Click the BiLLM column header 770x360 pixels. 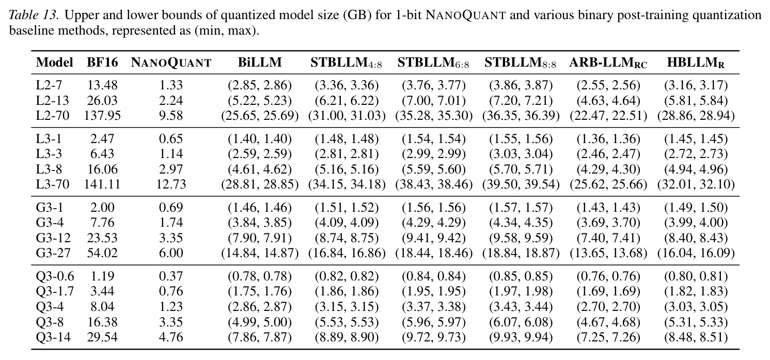click(260, 62)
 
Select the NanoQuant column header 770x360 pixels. click(171, 62)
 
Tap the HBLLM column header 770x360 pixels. click(696, 62)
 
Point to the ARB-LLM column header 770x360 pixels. click(608, 62)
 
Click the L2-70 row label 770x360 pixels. click(53, 116)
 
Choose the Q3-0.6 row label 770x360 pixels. click(55, 276)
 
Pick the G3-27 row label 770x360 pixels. click(53, 253)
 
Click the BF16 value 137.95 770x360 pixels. click(102, 116)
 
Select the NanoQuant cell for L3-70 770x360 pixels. click(171, 184)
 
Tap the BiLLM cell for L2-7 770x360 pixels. click(260, 85)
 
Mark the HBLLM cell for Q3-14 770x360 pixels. click(696, 337)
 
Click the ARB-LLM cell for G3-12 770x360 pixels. click(608, 238)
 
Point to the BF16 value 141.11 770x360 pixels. click(102, 184)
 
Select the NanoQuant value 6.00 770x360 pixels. click(171, 253)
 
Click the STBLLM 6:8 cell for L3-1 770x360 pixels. click(434, 139)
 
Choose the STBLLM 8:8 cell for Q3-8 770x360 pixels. click(521, 322)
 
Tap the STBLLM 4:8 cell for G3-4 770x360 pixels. click(347, 223)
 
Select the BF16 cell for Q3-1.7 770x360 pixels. click(102, 292)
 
